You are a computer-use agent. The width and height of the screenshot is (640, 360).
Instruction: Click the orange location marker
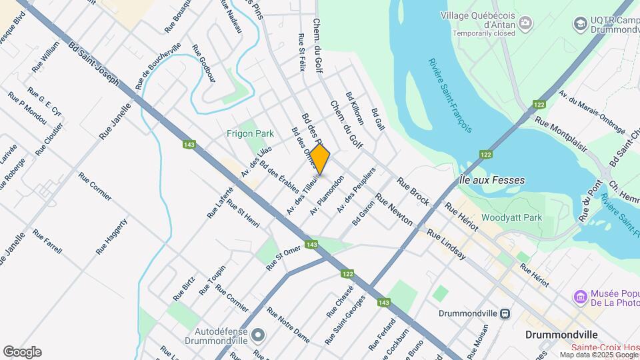320,161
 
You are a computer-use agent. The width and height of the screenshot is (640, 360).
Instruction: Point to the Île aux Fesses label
492,180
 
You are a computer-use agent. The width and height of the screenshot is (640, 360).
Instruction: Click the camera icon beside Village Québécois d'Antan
527,24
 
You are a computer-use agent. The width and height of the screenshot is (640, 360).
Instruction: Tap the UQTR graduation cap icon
579,24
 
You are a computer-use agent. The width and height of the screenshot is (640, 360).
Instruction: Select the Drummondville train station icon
506,313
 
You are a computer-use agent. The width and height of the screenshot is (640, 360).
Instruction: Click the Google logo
22,351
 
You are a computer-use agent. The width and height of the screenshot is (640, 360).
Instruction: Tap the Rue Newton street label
393,209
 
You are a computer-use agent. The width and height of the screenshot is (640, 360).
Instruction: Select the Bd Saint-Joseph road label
93,65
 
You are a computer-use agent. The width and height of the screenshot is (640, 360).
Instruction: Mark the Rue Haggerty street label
111,236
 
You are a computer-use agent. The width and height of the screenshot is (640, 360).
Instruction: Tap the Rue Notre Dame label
288,325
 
